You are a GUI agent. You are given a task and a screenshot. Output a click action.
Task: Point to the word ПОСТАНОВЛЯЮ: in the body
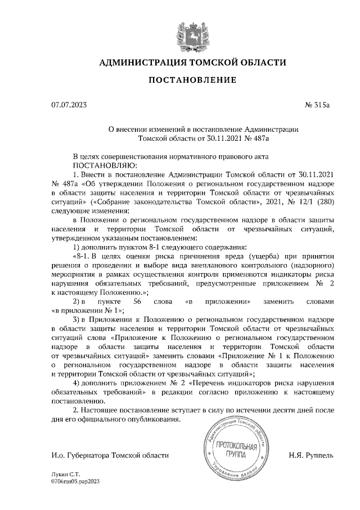click(x=104, y=165)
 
